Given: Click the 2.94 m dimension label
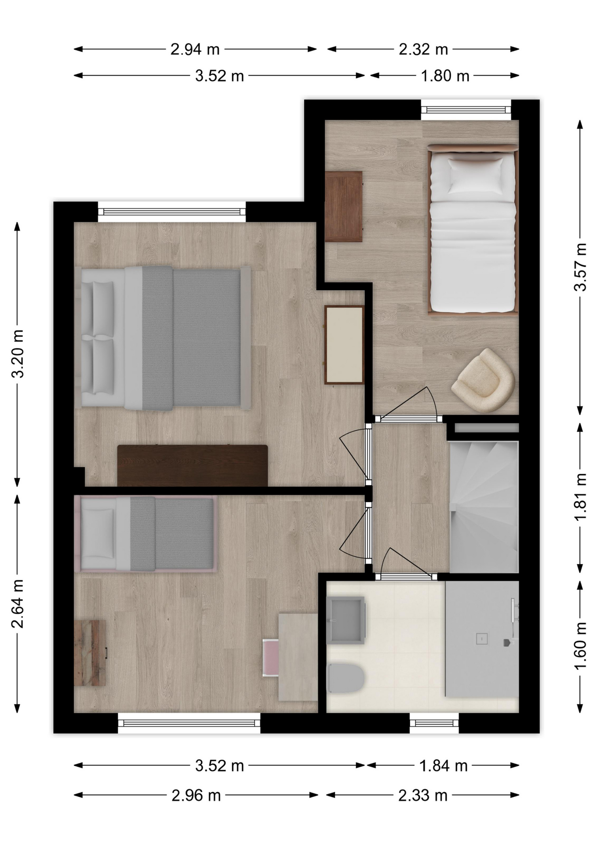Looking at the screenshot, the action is click(x=195, y=49).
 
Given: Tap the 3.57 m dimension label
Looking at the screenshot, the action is click(x=580, y=267).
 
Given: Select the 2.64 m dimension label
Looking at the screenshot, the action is click(x=18, y=603).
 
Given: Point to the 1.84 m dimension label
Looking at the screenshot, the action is click(x=443, y=766).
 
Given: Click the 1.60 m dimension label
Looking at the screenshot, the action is click(x=580, y=646).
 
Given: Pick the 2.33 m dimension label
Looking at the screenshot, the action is click(x=423, y=795).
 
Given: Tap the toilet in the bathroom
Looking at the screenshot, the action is click(x=346, y=677).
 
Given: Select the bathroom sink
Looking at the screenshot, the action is click(x=346, y=620).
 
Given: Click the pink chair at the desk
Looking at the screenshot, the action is click(x=270, y=658).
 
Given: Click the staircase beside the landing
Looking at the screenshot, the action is click(x=484, y=507).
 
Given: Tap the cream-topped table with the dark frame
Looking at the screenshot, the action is click(x=344, y=345).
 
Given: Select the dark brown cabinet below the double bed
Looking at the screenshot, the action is click(x=193, y=466).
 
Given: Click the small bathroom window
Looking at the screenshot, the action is click(x=434, y=723).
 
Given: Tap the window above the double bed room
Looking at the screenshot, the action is click(x=171, y=212).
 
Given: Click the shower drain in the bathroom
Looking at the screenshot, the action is click(x=482, y=639).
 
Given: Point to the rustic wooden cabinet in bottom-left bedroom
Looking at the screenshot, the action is click(x=90, y=653).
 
